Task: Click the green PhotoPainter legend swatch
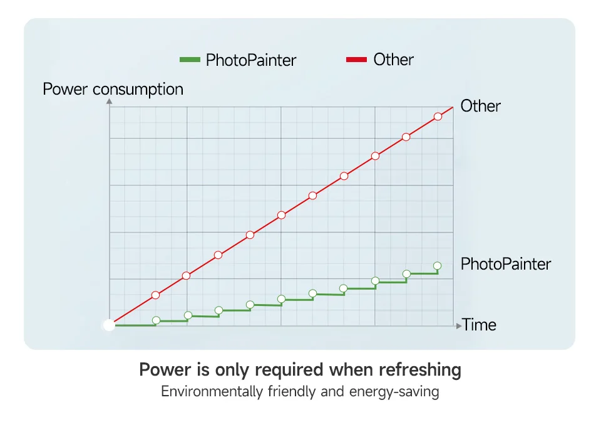[189, 60]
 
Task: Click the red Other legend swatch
[356, 60]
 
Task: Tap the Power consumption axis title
[113, 89]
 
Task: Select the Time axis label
[479, 325]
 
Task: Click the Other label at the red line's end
[480, 106]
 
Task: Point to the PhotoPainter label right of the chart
[505, 264]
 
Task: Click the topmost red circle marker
[438, 117]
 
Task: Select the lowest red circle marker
[156, 295]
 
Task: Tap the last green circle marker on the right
[437, 266]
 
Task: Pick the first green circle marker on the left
[156, 320]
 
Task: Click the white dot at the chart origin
[109, 325]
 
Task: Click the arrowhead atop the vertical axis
[110, 101]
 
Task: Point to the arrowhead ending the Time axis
[458, 325]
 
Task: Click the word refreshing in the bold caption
[419, 370]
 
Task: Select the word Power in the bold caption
[164, 370]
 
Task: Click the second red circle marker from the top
[406, 137]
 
